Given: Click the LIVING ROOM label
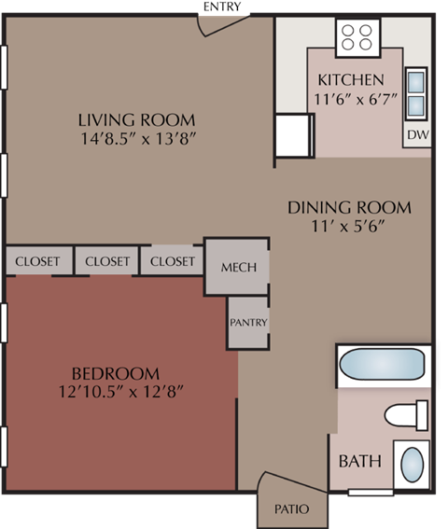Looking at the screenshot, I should coord(136,119).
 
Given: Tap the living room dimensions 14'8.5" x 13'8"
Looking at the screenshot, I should coord(136,139).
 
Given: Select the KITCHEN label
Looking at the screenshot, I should coord(350,79).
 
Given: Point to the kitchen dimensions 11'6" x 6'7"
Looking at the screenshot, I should coord(350,98).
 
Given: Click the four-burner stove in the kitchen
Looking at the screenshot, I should coord(357,37).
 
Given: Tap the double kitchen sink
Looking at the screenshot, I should coord(416,94).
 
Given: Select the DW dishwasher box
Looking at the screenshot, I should coord(416,135).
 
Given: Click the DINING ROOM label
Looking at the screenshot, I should coord(349,207).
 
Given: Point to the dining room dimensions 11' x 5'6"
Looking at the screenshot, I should coord(349,227).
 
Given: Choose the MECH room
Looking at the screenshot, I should coord(238,267).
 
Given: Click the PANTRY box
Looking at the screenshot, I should coord(248,323).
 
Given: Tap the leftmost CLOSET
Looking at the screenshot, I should coord(38,261).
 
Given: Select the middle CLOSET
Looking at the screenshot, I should coord(106,261).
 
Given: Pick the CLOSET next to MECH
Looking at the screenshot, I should coord(173,261).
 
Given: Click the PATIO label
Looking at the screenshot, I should coord(287,509).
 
